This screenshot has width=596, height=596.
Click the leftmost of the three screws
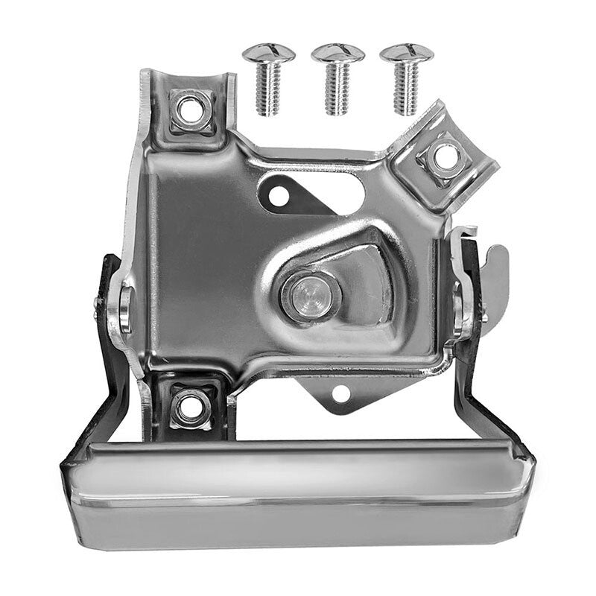(269, 78)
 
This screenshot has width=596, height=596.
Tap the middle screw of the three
(337, 78)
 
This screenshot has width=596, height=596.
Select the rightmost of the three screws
(406, 78)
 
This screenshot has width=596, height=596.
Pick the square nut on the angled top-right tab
(446, 157)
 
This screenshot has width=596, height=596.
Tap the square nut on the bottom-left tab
(189, 407)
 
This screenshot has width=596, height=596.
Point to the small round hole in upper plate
(278, 196)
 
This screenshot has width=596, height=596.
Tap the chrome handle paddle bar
(298, 492)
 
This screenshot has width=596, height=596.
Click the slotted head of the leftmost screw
(269, 53)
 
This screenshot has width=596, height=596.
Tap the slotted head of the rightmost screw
(406, 53)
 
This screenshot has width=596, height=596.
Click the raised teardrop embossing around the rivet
(365, 261)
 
